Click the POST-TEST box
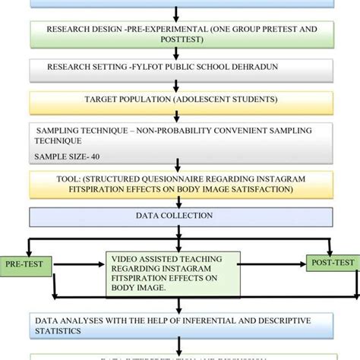[331, 263]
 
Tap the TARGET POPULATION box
[179, 100]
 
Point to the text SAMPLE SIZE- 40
[67, 157]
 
